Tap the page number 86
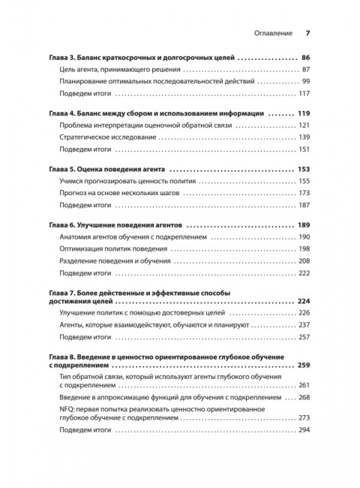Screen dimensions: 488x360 305,58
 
